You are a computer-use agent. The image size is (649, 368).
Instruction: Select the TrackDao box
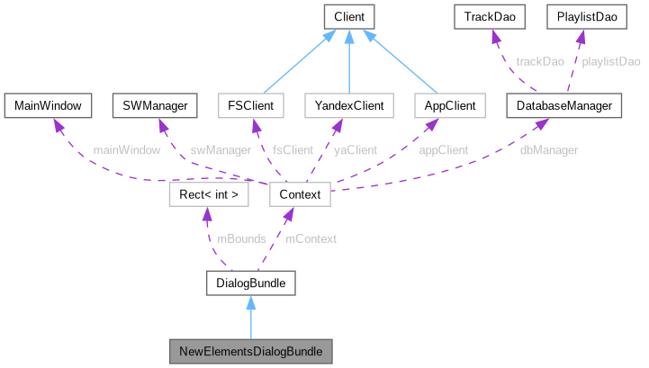tap(491, 16)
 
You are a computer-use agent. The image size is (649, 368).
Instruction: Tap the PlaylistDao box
tap(581, 16)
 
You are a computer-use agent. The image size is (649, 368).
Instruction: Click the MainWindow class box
tap(48, 105)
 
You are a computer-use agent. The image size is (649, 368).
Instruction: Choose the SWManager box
tap(155, 105)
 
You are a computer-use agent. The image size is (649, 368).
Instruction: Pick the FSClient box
tap(251, 105)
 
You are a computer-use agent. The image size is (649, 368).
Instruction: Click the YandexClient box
tap(350, 105)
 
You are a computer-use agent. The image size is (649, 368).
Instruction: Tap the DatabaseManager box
tap(564, 105)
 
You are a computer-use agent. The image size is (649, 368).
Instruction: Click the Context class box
tap(300, 193)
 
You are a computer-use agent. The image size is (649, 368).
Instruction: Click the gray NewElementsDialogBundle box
tap(251, 349)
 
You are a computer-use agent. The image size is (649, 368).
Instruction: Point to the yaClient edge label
tap(355, 149)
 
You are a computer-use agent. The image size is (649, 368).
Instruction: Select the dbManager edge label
tap(549, 149)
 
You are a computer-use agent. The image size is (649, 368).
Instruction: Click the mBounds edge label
tap(241, 238)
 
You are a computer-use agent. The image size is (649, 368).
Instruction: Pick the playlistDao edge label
tap(612, 61)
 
